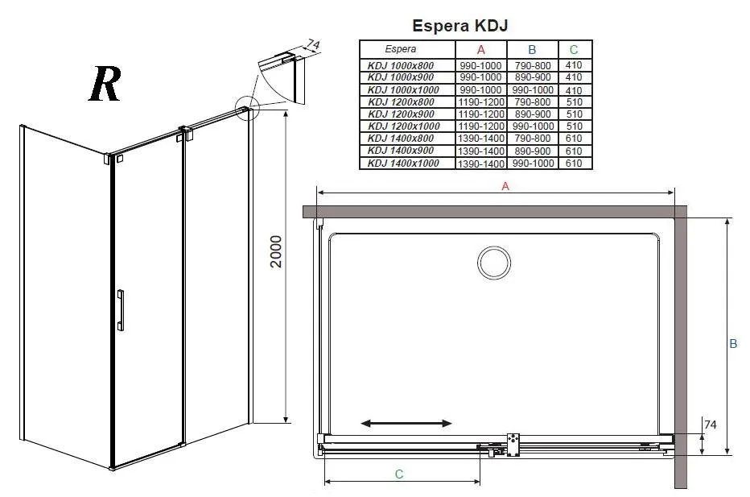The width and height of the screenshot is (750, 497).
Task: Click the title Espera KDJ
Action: (459, 26)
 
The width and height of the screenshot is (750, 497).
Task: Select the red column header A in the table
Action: (480, 49)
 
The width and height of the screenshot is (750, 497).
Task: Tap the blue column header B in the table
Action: (532, 49)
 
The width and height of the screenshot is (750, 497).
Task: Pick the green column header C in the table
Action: (574, 49)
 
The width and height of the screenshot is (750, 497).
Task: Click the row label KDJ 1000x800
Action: (401, 65)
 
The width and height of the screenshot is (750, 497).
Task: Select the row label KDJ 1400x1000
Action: (403, 164)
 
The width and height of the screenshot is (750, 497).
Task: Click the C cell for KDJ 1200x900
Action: (574, 114)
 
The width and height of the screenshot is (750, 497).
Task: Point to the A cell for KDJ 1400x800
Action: (480, 139)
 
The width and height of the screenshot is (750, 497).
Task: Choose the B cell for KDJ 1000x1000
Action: (533, 90)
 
